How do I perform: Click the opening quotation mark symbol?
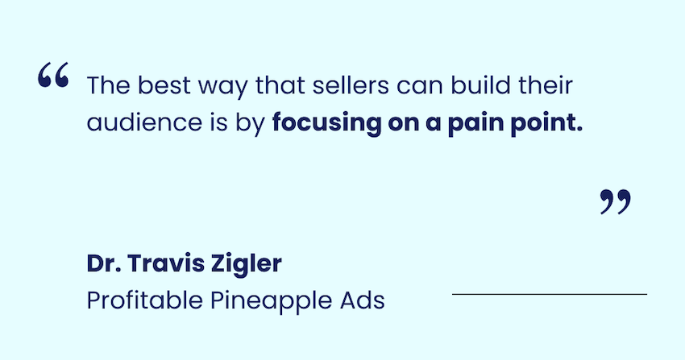(53, 75)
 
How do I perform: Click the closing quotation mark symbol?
(616, 201)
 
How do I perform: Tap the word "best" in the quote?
(164, 85)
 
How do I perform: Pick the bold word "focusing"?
(326, 123)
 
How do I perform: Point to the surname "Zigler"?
(247, 264)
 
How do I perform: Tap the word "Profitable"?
(144, 300)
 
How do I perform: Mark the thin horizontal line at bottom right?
(550, 295)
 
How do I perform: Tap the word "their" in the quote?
(546, 85)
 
